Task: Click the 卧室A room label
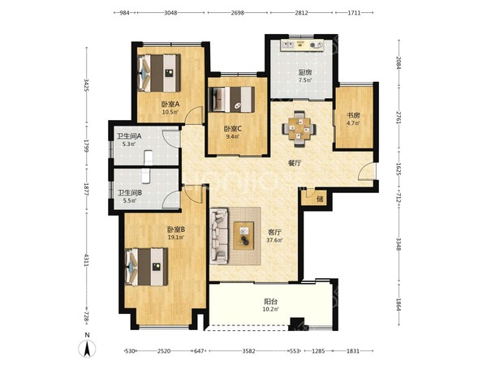pyautogui.click(x=170, y=104)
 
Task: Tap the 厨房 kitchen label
pyautogui.click(x=304, y=73)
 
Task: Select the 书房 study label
pyautogui.click(x=353, y=115)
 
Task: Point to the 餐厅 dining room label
pyautogui.click(x=295, y=163)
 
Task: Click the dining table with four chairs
pyautogui.click(x=299, y=128)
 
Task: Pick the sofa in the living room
pyautogui.click(x=218, y=236)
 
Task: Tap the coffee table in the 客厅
pyautogui.click(x=243, y=235)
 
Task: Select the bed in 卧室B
pyautogui.click(x=146, y=267)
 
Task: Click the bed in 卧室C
pyautogui.click(x=231, y=99)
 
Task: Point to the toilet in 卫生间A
pyautogui.click(x=149, y=157)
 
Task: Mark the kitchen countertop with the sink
pyautogui.click(x=302, y=45)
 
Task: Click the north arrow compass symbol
pyautogui.click(x=88, y=348)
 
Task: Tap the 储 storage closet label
pyautogui.click(x=320, y=199)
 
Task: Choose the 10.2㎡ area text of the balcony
pyautogui.click(x=271, y=309)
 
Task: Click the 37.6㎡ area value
pyautogui.click(x=274, y=240)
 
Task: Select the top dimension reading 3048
pyautogui.click(x=170, y=13)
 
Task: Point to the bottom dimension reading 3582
pyautogui.click(x=249, y=351)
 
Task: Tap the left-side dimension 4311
pyautogui.click(x=87, y=260)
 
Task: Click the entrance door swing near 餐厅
pyautogui.click(x=366, y=171)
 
